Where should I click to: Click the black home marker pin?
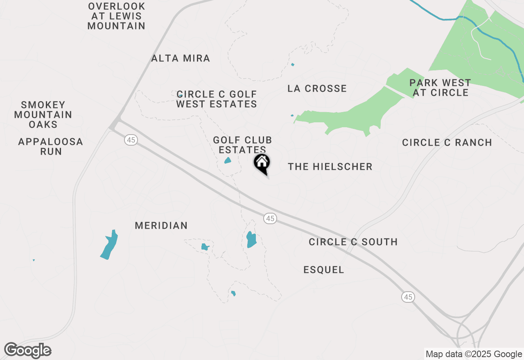click(262, 164)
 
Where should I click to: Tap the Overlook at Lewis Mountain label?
click(117, 16)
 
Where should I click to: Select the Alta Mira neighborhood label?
click(181, 59)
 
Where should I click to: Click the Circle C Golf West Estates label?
click(217, 99)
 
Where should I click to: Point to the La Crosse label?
click(317, 89)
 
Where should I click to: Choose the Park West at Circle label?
click(440, 88)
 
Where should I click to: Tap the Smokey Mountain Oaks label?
click(43, 115)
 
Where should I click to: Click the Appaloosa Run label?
click(51, 147)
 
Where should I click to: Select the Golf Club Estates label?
click(242, 145)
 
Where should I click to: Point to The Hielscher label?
click(330, 167)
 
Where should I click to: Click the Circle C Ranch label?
click(447, 143)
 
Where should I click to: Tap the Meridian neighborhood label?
click(161, 226)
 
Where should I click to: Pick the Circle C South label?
click(353, 242)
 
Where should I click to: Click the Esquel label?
click(324, 270)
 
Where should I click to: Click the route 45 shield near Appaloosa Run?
click(131, 140)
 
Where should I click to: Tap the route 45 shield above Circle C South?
click(270, 218)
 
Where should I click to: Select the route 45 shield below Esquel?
click(408, 297)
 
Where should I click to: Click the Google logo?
click(28, 351)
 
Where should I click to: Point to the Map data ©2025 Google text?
click(474, 354)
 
